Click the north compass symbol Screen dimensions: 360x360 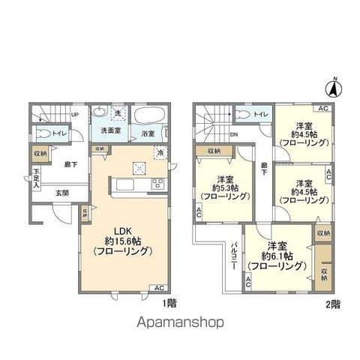point(337,88)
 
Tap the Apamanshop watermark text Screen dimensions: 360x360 point(181,324)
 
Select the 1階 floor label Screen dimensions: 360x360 point(169,304)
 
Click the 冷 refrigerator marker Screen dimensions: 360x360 point(160,152)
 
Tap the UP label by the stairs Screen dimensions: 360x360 point(74,114)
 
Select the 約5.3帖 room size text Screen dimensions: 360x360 point(222,188)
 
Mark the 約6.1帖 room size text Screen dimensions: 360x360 point(276,256)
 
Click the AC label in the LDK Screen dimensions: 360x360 point(158,288)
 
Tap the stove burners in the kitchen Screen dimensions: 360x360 point(157,183)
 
